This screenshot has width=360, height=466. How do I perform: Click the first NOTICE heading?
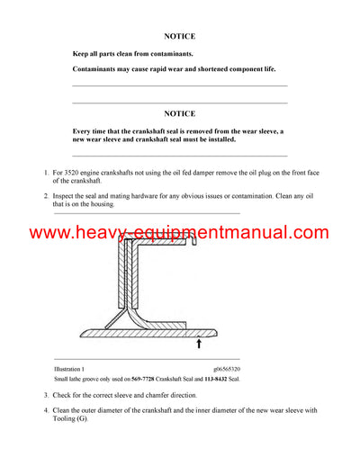point(180,37)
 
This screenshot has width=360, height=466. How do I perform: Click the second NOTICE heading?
point(180,114)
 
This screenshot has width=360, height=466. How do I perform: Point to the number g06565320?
point(227,369)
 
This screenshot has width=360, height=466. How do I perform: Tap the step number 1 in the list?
point(46,171)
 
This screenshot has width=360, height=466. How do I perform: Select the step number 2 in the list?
point(46,195)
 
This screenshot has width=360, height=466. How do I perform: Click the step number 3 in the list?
point(46,395)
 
